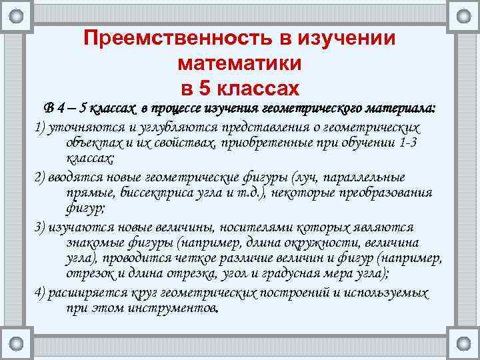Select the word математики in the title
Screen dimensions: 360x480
[240, 63]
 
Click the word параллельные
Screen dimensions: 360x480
[365, 177]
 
